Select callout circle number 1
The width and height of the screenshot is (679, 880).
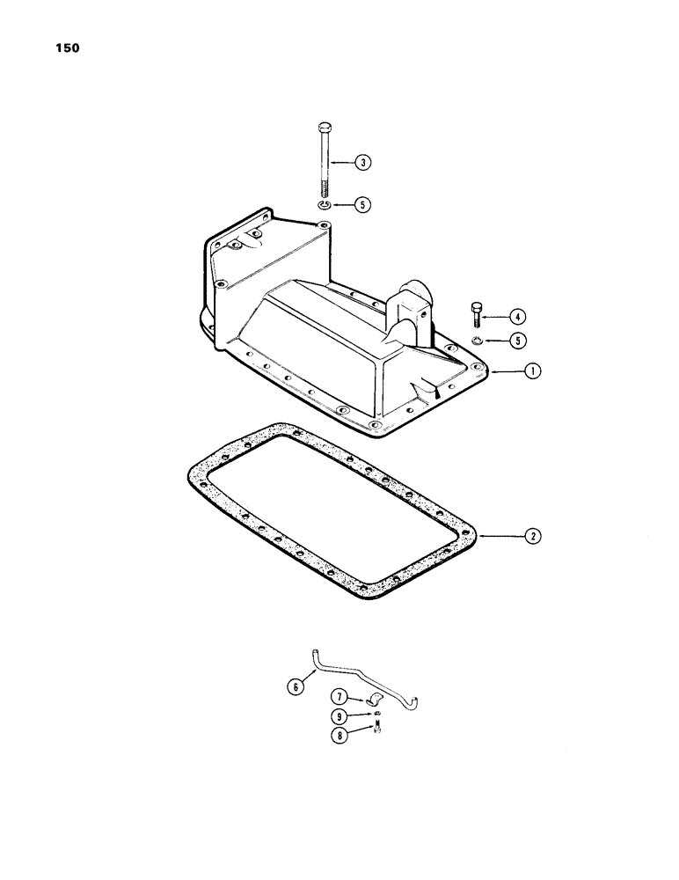pos(533,371)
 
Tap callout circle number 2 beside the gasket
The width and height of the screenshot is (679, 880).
pos(533,534)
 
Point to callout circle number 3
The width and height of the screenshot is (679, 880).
pos(362,161)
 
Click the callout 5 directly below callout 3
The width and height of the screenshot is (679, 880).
pos(362,204)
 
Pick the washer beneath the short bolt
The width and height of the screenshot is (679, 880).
pos(476,341)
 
